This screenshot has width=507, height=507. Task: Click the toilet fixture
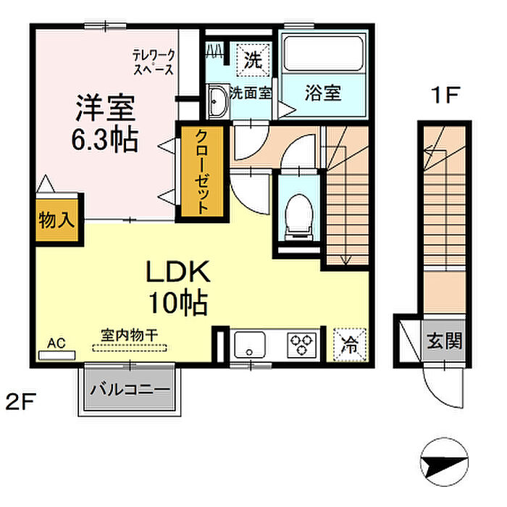click(299, 217)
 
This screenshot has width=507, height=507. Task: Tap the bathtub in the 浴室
click(323, 53)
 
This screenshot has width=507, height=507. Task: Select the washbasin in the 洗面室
click(217, 101)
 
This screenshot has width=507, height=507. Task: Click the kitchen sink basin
click(250, 345)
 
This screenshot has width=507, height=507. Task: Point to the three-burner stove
click(302, 345)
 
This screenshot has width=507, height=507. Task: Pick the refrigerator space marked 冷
click(350, 345)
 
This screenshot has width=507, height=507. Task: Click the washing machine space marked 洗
click(253, 60)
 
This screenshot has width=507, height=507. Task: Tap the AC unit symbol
click(57, 355)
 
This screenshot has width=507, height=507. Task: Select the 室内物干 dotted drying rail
click(130, 348)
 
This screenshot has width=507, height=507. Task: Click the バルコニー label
click(130, 390)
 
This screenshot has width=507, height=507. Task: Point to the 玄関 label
click(444, 340)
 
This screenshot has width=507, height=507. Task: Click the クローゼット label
click(202, 172)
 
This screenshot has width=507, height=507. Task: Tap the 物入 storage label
click(56, 220)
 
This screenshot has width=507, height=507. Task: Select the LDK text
click(178, 272)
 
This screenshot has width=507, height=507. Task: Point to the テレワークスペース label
click(154, 62)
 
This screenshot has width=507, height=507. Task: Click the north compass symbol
click(444, 462)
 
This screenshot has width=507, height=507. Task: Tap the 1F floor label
click(445, 95)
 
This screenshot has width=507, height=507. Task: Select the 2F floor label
click(20, 401)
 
